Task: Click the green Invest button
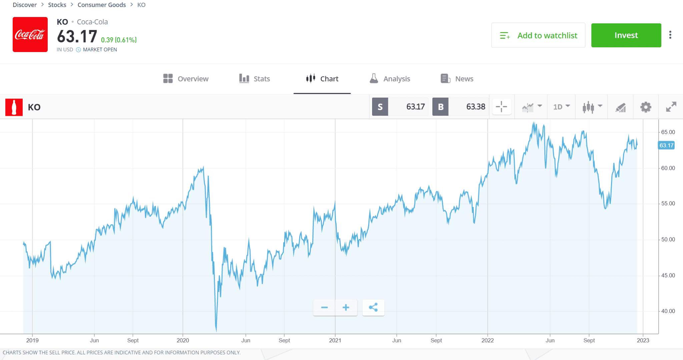click(x=626, y=35)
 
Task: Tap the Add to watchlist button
click(x=538, y=35)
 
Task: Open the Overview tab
click(x=186, y=79)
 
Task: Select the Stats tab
click(x=254, y=79)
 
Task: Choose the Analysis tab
click(x=390, y=79)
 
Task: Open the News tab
click(x=457, y=79)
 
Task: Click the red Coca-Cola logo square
click(x=30, y=35)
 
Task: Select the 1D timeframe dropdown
click(x=561, y=107)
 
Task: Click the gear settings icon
click(x=646, y=107)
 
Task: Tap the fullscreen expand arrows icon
click(x=671, y=107)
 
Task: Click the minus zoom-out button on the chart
click(x=324, y=307)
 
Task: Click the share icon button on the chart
click(x=373, y=307)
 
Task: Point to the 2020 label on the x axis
click(x=183, y=340)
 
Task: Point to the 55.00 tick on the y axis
click(x=668, y=204)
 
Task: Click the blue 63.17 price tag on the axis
click(x=666, y=145)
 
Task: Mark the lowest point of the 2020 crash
click(x=216, y=330)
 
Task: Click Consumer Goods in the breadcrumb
click(x=102, y=5)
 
